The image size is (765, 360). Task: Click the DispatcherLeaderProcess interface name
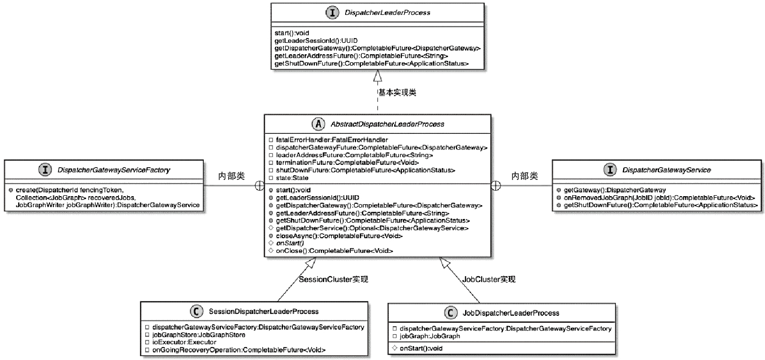[x=387, y=13]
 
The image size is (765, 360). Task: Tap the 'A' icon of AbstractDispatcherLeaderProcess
[x=318, y=124]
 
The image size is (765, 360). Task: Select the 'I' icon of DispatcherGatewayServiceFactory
[x=45, y=170]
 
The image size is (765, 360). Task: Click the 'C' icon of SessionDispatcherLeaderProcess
[x=196, y=311]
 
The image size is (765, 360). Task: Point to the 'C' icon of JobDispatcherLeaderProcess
[x=450, y=313]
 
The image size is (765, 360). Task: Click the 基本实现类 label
[x=397, y=92]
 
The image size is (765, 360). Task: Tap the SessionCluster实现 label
[x=333, y=280]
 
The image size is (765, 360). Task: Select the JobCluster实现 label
[x=489, y=280]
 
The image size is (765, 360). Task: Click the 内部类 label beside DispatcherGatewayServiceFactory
[x=231, y=176]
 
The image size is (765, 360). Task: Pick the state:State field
[x=292, y=178]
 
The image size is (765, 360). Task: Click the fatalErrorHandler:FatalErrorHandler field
[x=332, y=140]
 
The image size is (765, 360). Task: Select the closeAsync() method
[x=339, y=236]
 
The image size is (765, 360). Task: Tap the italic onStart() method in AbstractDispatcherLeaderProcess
[x=290, y=243]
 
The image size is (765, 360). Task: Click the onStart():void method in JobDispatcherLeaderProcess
[x=421, y=349]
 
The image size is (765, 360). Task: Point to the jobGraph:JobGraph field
[x=430, y=336]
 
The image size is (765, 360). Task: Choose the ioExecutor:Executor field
[x=184, y=342]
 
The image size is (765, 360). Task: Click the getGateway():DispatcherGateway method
[x=615, y=190]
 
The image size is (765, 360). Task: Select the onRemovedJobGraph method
[x=659, y=198]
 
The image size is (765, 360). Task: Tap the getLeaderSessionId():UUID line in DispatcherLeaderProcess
[x=316, y=40]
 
